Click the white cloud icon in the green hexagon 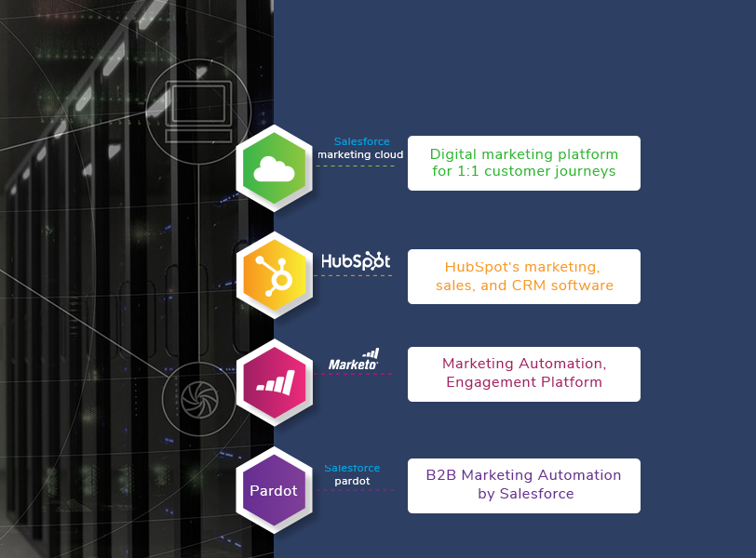[x=274, y=168]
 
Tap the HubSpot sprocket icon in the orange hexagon [x=272, y=276]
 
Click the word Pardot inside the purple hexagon [x=274, y=490]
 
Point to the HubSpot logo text [x=356, y=261]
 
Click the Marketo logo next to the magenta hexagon [x=354, y=361]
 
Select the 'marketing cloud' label [x=360, y=154]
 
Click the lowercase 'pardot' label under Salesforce [x=352, y=481]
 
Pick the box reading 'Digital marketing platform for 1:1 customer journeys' [x=523, y=163]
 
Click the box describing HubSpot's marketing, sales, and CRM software [x=523, y=276]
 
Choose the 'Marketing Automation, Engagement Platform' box [x=523, y=374]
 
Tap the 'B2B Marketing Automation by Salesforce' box [x=523, y=485]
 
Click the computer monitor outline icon [x=197, y=111]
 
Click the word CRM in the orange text [x=530, y=286]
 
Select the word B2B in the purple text [x=441, y=475]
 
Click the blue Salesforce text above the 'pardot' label [x=352, y=468]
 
